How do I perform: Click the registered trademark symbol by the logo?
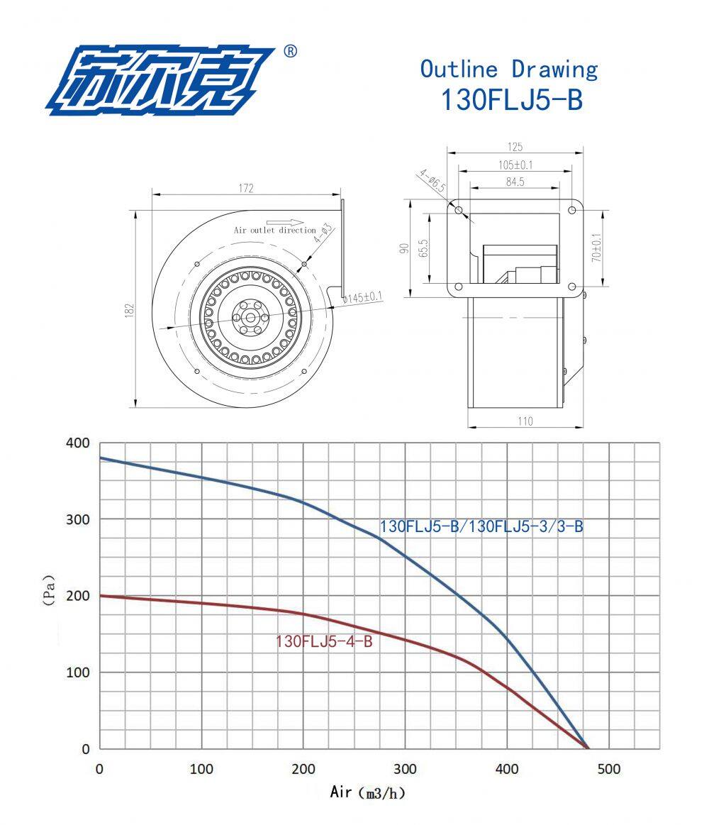290,51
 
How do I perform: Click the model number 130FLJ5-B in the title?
512,99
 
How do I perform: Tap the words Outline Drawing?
508,70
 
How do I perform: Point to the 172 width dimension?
246,188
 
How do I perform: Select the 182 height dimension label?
130,310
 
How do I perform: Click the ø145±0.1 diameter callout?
362,298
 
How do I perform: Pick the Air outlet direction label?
275,230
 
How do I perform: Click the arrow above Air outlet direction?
284,223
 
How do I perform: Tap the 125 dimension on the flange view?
515,147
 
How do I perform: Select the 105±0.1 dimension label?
515,165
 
